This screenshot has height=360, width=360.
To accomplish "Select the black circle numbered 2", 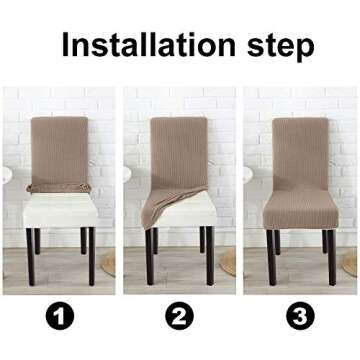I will pyautogui.click(x=180, y=317).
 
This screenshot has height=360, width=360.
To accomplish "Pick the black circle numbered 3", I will pyautogui.click(x=299, y=317).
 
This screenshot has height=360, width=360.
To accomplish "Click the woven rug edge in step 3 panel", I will pyautogui.click(x=351, y=262).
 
